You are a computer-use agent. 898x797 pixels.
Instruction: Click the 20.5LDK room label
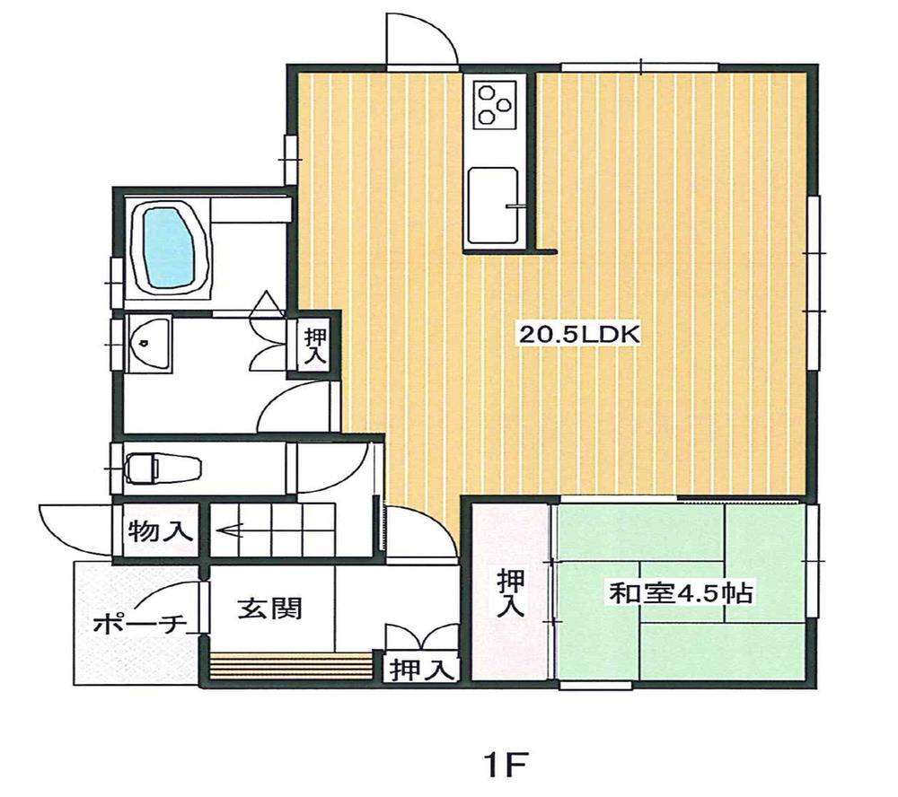[x=578, y=335]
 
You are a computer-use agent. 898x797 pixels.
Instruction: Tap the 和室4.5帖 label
[x=681, y=593]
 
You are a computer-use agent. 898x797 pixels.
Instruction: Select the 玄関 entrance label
[x=269, y=609]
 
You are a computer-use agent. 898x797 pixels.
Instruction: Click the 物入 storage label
[x=161, y=531]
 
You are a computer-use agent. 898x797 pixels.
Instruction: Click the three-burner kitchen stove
[x=494, y=102]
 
